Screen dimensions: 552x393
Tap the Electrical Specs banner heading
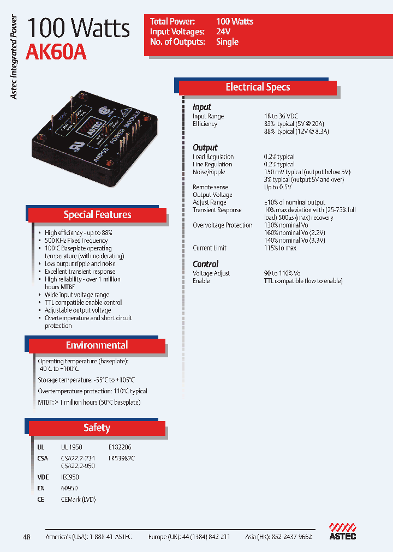coord(258,87)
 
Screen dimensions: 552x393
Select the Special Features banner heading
coord(97,214)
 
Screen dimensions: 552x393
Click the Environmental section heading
coord(97,345)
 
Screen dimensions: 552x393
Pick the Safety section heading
coord(97,428)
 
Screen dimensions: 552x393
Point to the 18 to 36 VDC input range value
coord(281,116)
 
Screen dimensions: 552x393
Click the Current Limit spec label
coord(210,248)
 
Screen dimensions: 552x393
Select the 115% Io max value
coord(281,248)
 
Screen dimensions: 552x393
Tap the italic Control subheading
coord(206,264)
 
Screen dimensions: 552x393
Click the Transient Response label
coord(217,210)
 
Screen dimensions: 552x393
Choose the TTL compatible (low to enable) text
coord(303,281)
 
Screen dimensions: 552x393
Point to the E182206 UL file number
coord(120,447)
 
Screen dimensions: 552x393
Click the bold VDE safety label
coord(43,477)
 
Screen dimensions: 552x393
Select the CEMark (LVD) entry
coord(78,499)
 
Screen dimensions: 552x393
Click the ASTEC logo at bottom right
coord(342,532)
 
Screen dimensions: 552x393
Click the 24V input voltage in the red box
coord(223,32)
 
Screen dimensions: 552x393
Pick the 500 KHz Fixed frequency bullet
coord(76,241)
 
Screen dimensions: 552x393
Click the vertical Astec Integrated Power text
coord(15,57)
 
